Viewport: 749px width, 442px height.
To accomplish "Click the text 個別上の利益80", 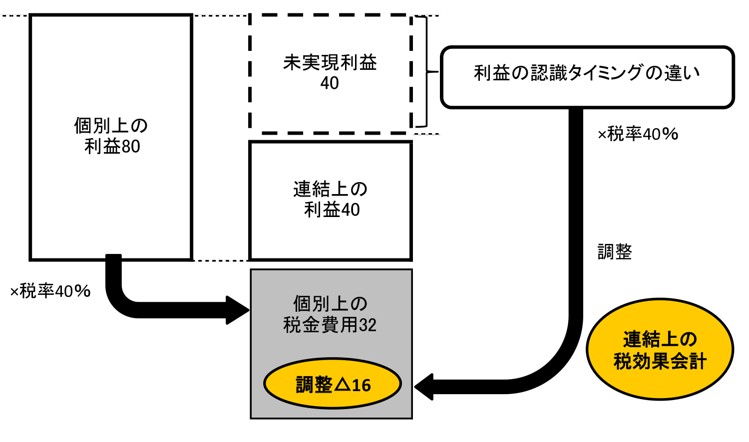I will click(111, 136).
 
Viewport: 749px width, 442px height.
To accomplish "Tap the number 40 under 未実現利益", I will click(330, 83).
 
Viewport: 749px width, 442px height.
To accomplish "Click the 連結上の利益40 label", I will click(331, 200).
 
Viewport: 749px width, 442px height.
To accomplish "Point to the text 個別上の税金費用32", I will click(330, 314).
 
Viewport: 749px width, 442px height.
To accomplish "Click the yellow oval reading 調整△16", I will click(333, 384).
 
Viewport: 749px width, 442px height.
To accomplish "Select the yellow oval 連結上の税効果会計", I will click(660, 349).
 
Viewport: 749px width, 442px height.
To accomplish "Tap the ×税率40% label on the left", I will click(50, 291).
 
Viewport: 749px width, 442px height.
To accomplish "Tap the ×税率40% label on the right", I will click(638, 134).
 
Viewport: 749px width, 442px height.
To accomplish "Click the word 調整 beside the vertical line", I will click(615, 252).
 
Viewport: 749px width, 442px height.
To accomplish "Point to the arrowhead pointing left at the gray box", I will click(424, 387).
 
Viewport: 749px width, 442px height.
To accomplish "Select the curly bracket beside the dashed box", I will click(424, 72).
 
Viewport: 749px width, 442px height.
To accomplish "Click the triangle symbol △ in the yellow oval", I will click(343, 385).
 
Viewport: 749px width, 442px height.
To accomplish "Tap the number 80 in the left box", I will click(131, 147).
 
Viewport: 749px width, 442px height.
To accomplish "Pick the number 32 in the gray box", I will click(368, 325).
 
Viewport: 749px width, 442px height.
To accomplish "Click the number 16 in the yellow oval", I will click(362, 385).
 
